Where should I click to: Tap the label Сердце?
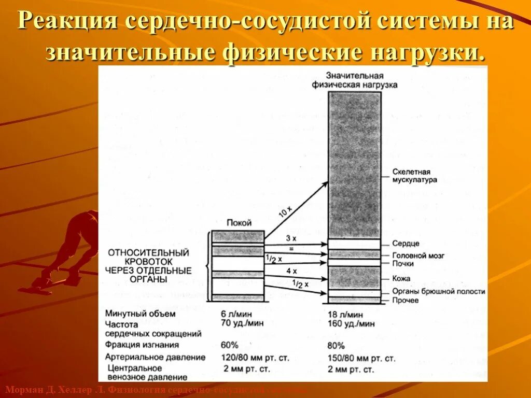[406, 244]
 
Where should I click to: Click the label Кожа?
[401, 279]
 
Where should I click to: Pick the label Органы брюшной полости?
[439, 291]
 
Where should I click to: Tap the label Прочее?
[405, 301]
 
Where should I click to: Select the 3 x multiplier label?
[291, 238]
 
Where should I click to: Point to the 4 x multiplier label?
[291, 271]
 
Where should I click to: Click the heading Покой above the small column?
[239, 223]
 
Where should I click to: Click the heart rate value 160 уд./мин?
[352, 323]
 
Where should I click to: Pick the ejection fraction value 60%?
[229, 345]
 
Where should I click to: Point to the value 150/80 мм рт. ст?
[361, 358]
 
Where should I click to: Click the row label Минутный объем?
[140, 314]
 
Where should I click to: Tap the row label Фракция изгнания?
[142, 345]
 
